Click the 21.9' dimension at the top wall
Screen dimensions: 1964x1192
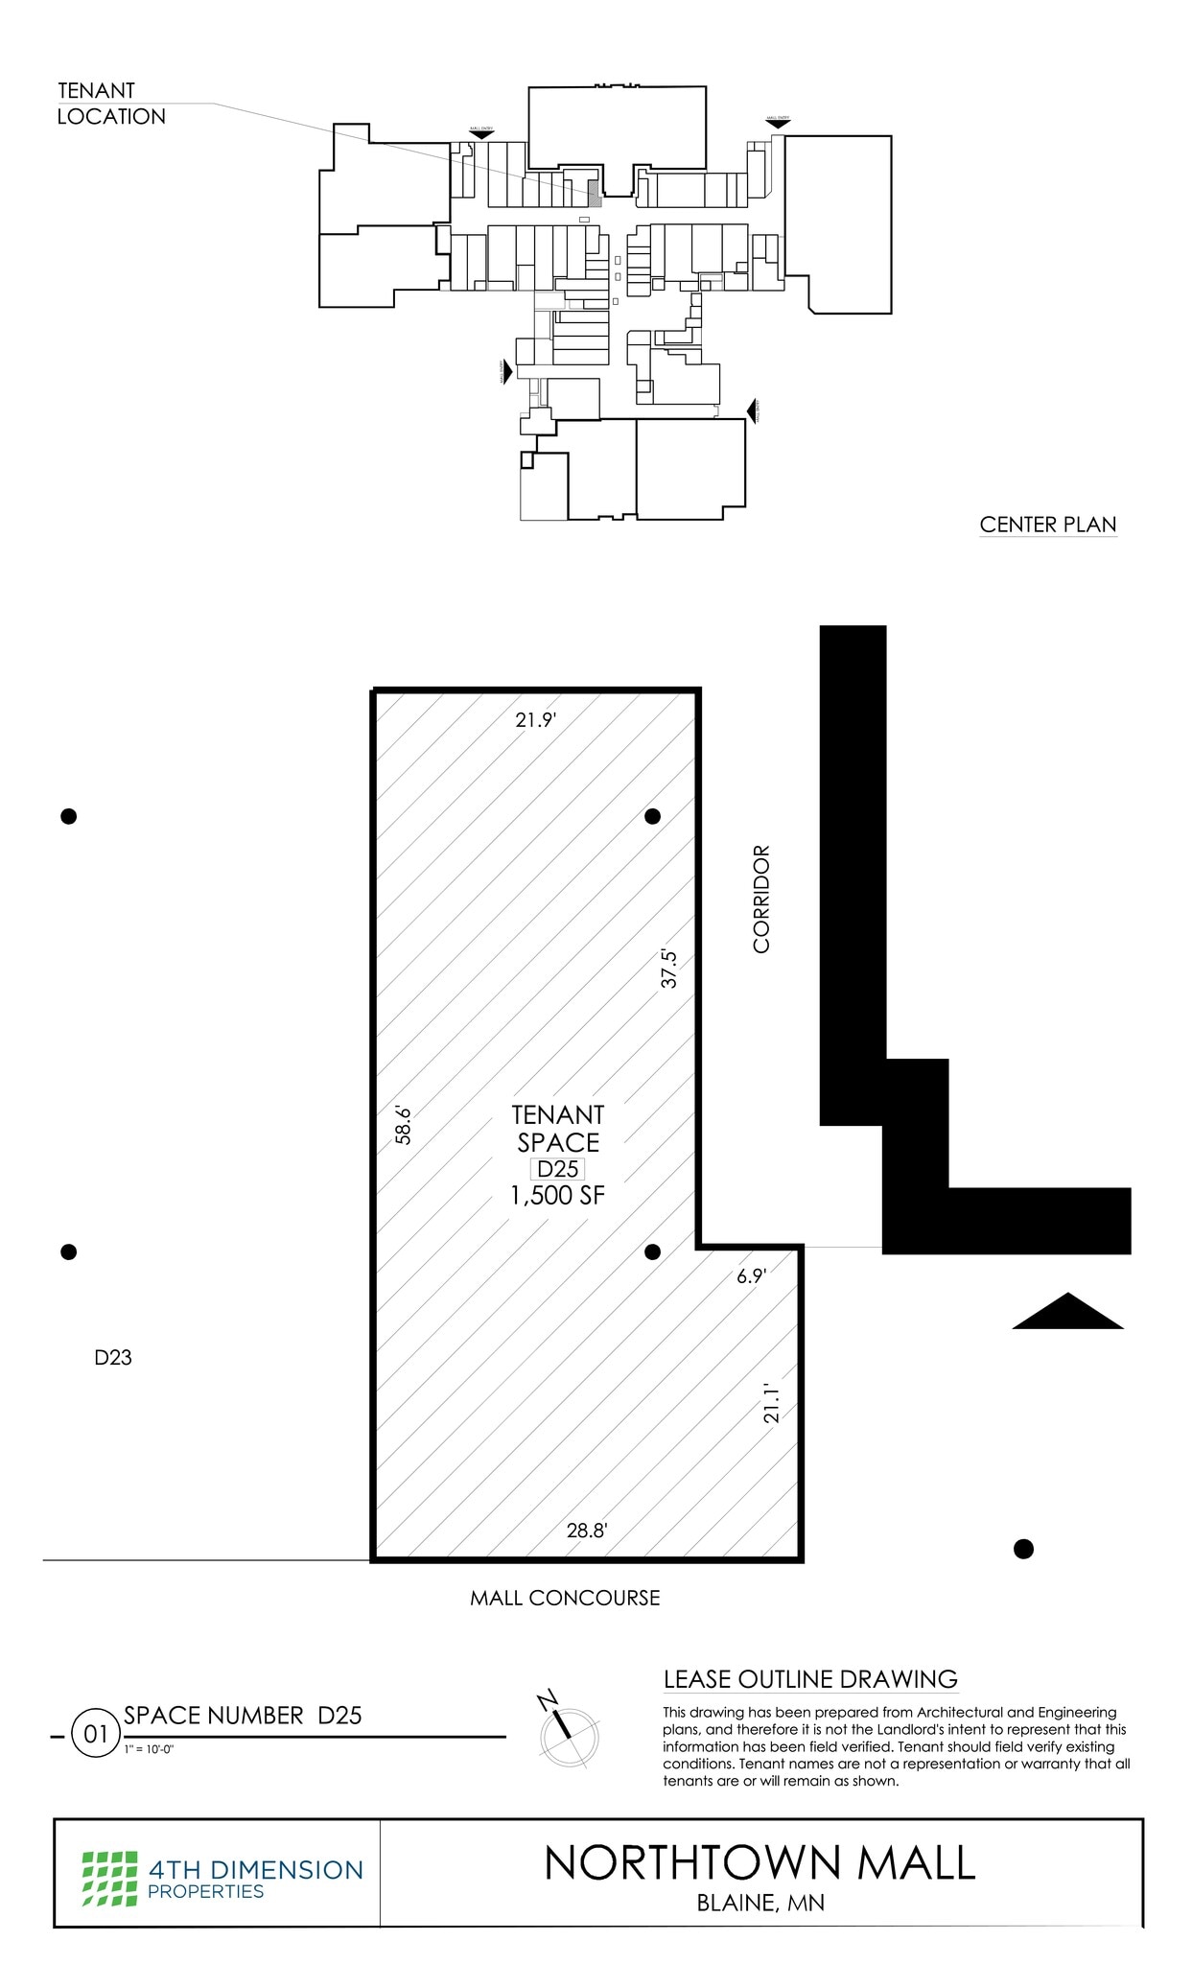535,719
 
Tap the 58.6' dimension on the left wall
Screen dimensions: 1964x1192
404,1125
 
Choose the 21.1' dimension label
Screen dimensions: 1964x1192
773,1403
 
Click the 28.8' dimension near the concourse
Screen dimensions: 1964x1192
587,1531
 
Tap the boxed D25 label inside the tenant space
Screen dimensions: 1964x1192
558,1169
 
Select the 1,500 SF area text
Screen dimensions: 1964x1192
558,1195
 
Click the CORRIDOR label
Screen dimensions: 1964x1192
761,899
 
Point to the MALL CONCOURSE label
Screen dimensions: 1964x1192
565,1598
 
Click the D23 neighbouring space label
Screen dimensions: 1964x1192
113,1357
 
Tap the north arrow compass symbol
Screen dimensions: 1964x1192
568,1733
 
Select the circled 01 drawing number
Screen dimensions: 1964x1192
96,1735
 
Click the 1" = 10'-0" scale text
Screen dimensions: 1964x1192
149,1748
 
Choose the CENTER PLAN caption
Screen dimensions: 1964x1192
1048,525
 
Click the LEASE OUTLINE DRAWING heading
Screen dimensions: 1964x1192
810,1679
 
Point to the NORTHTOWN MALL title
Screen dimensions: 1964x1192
760,1862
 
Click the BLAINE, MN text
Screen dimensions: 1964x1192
760,1903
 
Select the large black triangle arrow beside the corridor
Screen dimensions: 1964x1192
1067,1313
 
